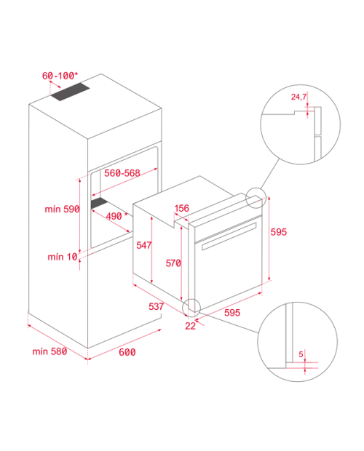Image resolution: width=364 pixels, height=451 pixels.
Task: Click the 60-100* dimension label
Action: (60, 76)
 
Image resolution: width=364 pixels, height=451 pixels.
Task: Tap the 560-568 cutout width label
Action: (122, 173)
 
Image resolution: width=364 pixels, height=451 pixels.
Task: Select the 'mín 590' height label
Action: (62, 209)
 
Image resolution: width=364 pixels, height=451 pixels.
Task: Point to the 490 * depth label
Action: (116, 216)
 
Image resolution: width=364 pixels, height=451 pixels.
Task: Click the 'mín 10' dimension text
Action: (63, 257)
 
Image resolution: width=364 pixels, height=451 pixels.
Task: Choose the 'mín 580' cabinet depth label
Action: (50, 351)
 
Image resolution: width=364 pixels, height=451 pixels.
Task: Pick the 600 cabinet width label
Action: (127, 352)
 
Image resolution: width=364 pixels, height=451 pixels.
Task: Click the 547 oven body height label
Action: (144, 245)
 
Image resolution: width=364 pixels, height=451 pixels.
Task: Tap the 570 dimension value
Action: (173, 263)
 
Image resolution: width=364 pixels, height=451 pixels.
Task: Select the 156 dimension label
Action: (182, 208)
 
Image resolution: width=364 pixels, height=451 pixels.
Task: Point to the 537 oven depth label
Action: (157, 307)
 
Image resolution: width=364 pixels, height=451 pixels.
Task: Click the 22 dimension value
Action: (190, 326)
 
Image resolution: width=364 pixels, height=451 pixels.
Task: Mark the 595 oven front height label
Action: (279, 232)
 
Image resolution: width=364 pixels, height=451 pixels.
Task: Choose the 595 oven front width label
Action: (232, 312)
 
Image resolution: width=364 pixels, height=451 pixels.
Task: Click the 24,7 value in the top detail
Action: (299, 97)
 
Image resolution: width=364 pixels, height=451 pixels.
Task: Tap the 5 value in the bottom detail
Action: (301, 354)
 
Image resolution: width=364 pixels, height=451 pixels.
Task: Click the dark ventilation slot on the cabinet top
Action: (71, 92)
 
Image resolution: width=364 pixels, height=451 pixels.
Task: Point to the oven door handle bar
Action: (229, 236)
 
